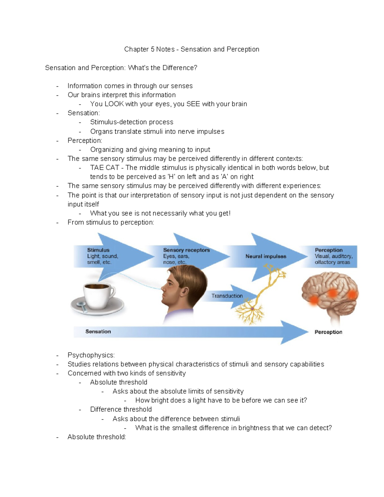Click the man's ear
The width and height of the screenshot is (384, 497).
185,291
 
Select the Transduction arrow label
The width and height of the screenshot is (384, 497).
227,296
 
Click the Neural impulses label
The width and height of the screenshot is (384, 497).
266,256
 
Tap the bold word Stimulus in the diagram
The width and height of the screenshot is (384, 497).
98,250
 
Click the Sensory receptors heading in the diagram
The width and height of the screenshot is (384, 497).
186,250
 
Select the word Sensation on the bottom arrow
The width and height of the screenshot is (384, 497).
98,332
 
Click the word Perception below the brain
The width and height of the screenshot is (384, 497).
328,332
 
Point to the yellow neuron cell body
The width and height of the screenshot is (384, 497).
252,309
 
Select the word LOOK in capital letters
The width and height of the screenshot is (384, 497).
114,104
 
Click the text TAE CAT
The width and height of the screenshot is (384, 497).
105,168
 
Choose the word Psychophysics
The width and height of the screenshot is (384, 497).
91,355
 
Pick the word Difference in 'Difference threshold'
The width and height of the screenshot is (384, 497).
105,409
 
